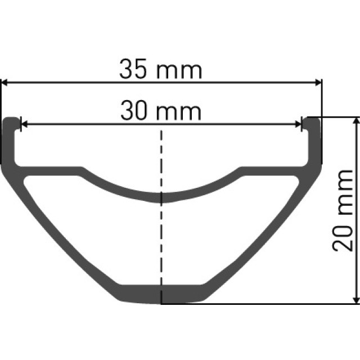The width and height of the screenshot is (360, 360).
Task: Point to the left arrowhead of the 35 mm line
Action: click(x=4, y=83)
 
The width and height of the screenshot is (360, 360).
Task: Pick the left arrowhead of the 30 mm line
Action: click(x=24, y=124)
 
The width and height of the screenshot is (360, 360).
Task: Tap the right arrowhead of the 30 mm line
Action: click(x=299, y=124)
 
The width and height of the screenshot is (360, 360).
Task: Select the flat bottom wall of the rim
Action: click(x=162, y=294)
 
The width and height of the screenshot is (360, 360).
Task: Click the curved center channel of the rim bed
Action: click(x=162, y=196)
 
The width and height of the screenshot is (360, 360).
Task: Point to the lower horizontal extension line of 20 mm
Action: click(x=259, y=304)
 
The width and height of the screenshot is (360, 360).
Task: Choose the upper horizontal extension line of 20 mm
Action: click(x=337, y=118)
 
